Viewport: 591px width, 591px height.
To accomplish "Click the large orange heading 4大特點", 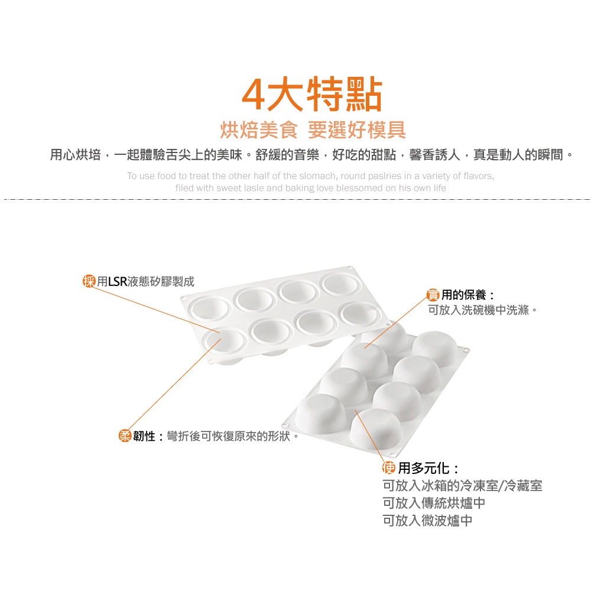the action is click(312, 94).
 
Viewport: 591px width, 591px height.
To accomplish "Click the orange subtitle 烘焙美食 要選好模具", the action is click(313, 130).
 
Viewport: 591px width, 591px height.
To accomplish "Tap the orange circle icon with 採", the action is click(89, 281).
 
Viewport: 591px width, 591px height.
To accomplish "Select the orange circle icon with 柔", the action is click(125, 436).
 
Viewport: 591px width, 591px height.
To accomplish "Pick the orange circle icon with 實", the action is click(433, 294).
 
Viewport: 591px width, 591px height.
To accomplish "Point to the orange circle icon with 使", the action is click(389, 467).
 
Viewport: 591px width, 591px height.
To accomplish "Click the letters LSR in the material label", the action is click(118, 281).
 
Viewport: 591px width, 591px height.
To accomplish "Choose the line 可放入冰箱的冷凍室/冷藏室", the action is click(463, 485).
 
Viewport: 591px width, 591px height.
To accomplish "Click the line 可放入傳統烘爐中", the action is click(434, 503).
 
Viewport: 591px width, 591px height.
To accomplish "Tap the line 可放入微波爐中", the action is click(427, 521).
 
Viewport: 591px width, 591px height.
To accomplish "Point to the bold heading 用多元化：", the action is click(429, 468).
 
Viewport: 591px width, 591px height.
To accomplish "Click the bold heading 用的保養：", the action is click(467, 295).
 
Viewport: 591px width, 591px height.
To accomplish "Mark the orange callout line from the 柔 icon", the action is click(175, 384).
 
